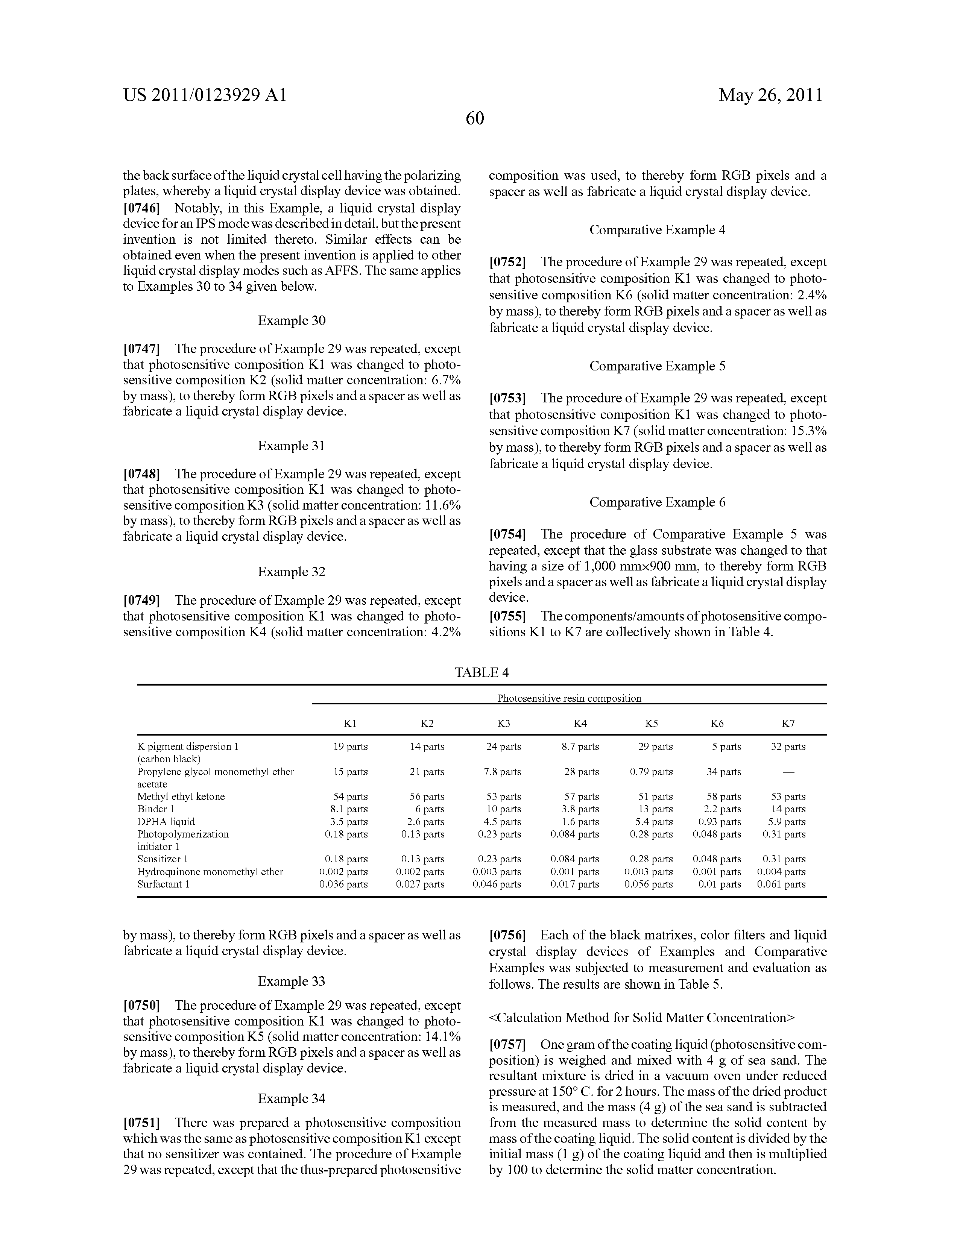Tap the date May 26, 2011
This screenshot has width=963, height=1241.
coord(771,95)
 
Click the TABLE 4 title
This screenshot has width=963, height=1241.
coord(481,673)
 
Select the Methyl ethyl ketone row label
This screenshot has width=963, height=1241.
coord(181,796)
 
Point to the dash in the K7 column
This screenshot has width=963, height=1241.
coord(788,772)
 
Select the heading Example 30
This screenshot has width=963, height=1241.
coord(292,320)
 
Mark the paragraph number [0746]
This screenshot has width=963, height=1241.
coord(141,208)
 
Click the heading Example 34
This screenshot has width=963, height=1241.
coord(292,1098)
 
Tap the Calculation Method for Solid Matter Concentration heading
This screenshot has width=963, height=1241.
coord(642,1017)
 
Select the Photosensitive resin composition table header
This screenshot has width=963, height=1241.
coord(569,698)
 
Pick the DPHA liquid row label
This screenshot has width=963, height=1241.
coord(166,822)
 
